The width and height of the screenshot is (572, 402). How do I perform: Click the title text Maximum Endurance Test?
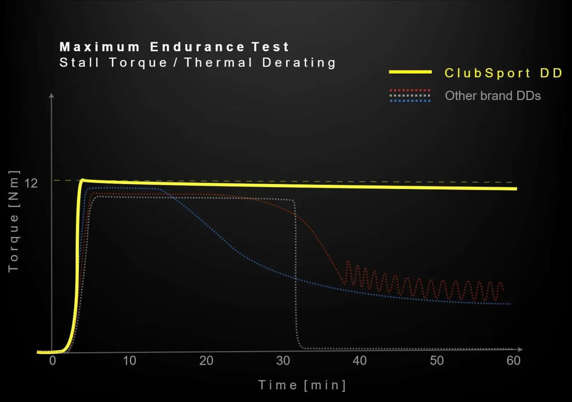click(x=174, y=47)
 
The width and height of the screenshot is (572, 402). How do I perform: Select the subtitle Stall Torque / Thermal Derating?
click(x=198, y=62)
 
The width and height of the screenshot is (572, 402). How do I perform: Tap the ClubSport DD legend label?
click(x=503, y=73)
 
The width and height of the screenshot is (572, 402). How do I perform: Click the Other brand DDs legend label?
click(x=493, y=96)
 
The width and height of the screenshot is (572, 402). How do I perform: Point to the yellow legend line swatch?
click(x=410, y=72)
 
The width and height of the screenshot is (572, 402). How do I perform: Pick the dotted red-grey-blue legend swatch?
click(x=410, y=96)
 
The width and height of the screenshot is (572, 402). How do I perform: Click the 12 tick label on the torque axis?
click(x=31, y=183)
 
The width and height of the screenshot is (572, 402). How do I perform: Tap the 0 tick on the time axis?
click(x=53, y=360)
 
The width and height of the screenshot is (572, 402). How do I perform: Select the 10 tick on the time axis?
click(x=129, y=360)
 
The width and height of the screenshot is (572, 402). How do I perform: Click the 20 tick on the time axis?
click(x=206, y=360)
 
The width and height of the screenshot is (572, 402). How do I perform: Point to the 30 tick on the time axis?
click(x=283, y=360)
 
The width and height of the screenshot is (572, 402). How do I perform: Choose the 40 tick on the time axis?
click(x=360, y=360)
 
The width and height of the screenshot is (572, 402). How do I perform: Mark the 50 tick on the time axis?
click(x=437, y=360)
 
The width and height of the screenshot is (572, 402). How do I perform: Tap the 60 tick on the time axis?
click(x=513, y=360)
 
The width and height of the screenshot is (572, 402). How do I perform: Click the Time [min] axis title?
click(x=302, y=385)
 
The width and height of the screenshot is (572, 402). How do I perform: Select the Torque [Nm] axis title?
click(x=13, y=221)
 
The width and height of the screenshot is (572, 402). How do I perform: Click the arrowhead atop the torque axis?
click(x=51, y=95)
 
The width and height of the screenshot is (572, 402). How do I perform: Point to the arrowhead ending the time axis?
click(x=520, y=349)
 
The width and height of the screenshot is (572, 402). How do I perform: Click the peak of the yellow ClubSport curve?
click(x=82, y=180)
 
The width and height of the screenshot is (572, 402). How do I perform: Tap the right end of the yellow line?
click(x=516, y=189)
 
